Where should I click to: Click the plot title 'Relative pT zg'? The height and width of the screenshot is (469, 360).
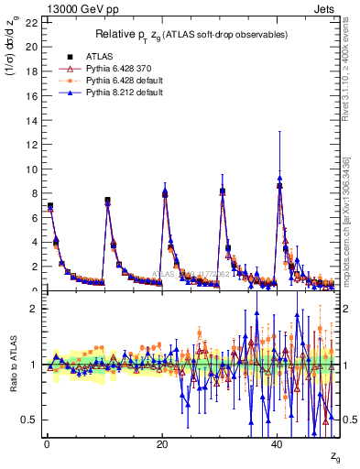(191, 35)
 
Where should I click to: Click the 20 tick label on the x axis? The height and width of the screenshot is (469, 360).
(161, 443)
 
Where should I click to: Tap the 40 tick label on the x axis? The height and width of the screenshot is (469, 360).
(278, 443)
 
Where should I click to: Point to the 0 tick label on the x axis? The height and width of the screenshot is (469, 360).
(46, 443)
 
